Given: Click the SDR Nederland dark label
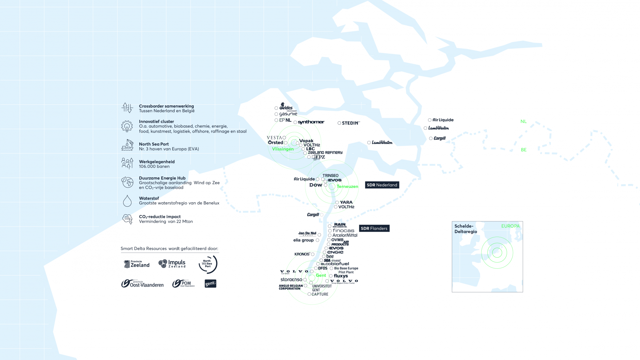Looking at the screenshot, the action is pyautogui.click(x=382, y=185).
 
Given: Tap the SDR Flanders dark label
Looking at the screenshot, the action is pyautogui.click(x=374, y=228).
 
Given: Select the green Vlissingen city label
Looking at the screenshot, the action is pyautogui.click(x=283, y=149).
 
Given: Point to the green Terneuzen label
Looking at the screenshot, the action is pyautogui.click(x=347, y=186).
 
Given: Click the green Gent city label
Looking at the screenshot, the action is pyautogui.click(x=321, y=275).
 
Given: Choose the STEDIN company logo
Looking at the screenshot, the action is pyautogui.click(x=351, y=123).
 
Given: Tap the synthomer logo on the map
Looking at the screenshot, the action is pyautogui.click(x=311, y=122).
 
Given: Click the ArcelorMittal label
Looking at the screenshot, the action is pyautogui.click(x=345, y=235).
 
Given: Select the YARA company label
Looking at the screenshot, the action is pyautogui.click(x=346, y=202).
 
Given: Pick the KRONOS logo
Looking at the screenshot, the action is pyautogui.click(x=302, y=254).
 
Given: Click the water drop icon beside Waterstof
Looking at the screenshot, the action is pyautogui.click(x=127, y=201).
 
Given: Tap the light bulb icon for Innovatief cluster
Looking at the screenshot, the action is pyautogui.click(x=127, y=126).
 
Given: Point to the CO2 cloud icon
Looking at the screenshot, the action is pyautogui.click(x=127, y=219).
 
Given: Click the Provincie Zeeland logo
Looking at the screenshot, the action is pyautogui.click(x=137, y=264).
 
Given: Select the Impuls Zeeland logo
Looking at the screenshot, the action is pyautogui.click(x=172, y=264).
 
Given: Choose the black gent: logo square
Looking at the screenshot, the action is pyautogui.click(x=210, y=283).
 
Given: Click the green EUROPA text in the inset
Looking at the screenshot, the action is pyautogui.click(x=510, y=226).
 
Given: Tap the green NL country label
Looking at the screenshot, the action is pyautogui.click(x=523, y=122).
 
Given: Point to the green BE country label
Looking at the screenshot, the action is pyautogui.click(x=524, y=150).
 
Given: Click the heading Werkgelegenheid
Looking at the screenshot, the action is pyautogui.click(x=157, y=162).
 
